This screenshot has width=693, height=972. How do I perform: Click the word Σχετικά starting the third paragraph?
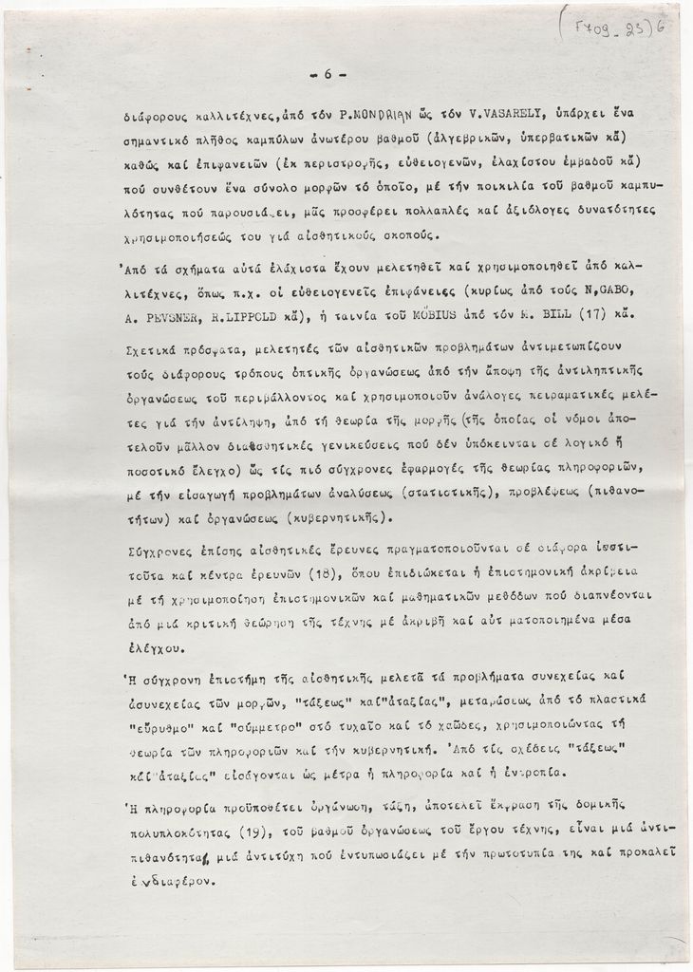point(157,350)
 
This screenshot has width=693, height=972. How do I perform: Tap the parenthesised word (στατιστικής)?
point(453,494)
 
